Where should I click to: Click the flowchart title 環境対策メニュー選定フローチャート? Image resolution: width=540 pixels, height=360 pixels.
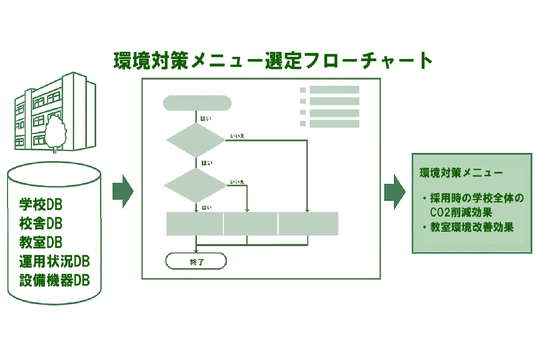(273, 60)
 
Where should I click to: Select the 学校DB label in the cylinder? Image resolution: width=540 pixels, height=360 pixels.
(41, 205)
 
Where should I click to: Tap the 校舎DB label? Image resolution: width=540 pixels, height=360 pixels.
(41, 224)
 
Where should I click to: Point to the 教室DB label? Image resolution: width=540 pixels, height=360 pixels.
(41, 242)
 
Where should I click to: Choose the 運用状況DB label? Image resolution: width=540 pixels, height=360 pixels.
(54, 261)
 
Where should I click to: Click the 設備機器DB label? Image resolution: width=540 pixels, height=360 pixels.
(54, 280)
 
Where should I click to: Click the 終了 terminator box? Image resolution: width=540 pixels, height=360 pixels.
(196, 261)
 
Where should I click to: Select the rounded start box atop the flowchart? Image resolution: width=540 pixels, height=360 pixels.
(197, 103)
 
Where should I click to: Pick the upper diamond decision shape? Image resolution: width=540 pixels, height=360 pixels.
(195, 140)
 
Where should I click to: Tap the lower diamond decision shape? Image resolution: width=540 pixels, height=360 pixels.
(195, 185)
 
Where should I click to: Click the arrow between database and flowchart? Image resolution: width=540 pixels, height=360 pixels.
(123, 191)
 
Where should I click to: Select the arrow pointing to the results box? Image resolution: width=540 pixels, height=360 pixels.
(394, 192)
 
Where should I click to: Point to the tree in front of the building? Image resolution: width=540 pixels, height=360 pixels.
(56, 132)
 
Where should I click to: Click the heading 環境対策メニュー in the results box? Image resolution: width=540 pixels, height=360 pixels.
(461, 173)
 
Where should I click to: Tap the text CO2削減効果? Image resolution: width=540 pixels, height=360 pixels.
(461, 212)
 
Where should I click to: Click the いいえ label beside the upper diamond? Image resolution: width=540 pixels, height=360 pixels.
(237, 136)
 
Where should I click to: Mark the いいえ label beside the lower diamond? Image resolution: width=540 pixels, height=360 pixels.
(237, 182)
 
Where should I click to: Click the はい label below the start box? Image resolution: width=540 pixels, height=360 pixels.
(206, 118)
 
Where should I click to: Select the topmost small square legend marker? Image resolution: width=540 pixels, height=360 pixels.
(303, 90)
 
